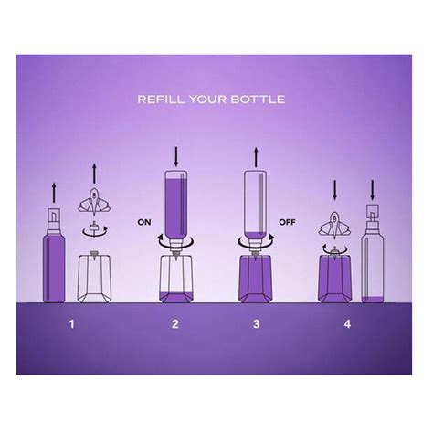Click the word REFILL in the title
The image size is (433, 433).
pos(161,100)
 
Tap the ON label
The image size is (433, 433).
pos(144,222)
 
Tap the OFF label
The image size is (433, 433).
pos(287,222)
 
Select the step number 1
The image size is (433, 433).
pos(71,324)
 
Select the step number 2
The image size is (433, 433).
pos(175,324)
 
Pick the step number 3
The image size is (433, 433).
pos(257,324)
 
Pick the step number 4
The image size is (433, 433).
pos(347,324)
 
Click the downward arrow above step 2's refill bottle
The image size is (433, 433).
pos(176,157)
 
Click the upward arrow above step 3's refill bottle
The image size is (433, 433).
pos(256,157)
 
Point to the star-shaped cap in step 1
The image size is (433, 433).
pos(94,200)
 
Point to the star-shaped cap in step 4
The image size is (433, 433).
pos(334,224)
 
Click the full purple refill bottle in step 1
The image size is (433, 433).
pos(54,255)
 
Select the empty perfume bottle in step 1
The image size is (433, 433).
pos(94,277)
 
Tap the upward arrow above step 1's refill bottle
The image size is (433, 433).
pos(54,193)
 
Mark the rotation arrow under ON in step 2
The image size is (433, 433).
pos(175,241)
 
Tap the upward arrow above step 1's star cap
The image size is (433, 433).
pos(94,174)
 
